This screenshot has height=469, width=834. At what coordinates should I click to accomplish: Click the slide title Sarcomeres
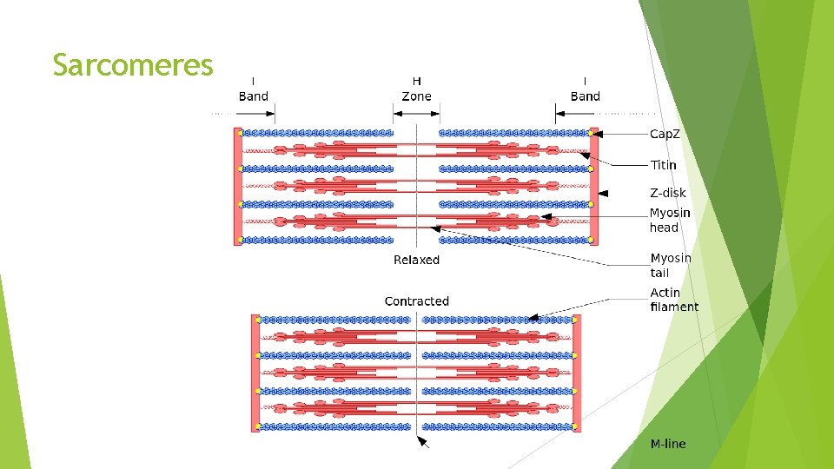[132, 65]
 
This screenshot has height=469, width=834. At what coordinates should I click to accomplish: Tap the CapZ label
[665, 135]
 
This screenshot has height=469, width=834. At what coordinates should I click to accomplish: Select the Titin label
[663, 164]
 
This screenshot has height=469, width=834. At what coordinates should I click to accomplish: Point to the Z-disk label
[667, 193]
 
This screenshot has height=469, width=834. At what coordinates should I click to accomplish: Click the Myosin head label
[670, 221]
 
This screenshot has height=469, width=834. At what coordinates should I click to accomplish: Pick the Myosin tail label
[671, 265]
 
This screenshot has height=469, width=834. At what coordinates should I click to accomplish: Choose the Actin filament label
[674, 300]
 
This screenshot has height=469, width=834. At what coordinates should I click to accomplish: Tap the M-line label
[668, 444]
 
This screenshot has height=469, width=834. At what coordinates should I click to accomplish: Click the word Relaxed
[416, 260]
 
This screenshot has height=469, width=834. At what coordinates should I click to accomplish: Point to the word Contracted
[416, 301]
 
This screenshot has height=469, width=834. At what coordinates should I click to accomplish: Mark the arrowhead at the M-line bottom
[423, 442]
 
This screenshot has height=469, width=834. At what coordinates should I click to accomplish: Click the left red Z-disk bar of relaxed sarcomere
[238, 186]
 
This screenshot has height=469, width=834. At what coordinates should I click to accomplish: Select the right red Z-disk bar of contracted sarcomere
[576, 373]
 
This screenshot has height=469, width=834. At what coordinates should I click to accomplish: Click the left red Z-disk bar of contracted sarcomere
[255, 373]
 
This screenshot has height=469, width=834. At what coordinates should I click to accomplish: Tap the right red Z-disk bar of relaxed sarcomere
[594, 186]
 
